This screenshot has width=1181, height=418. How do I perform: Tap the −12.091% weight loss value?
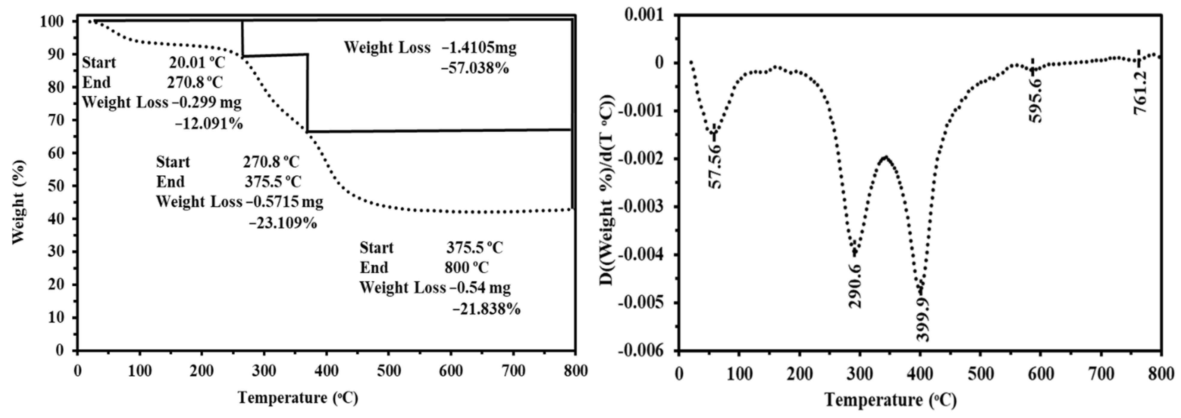click(209, 124)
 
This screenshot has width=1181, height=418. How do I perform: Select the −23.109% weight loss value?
click(283, 223)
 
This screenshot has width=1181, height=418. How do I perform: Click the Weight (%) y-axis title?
click(18, 202)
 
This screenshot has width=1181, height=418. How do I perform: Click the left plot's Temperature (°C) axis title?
click(298, 398)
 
